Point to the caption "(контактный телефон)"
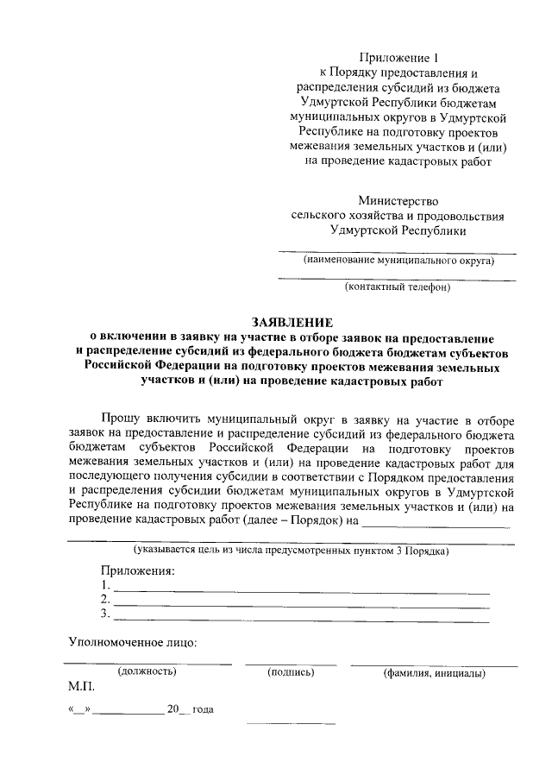[x=398, y=287]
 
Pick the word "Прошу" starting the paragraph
[x=119, y=418]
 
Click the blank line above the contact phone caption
[x=398, y=279]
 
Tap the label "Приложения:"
[x=138, y=570]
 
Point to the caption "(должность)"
[x=147, y=672]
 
